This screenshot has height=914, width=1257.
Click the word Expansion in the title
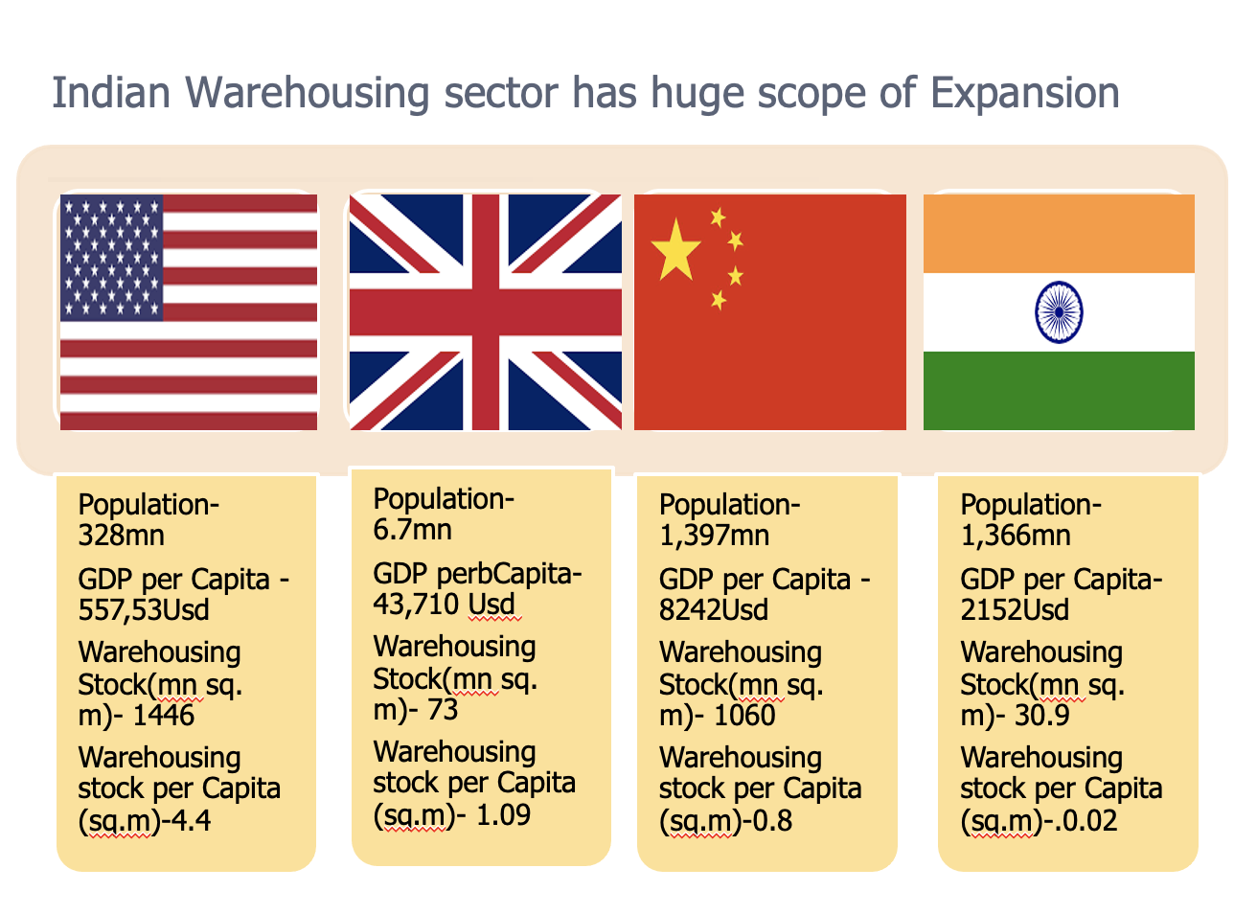(1024, 94)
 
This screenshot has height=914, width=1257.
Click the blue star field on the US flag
(111, 257)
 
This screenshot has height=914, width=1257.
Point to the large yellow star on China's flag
(675, 248)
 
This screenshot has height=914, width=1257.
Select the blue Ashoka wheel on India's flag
(1059, 312)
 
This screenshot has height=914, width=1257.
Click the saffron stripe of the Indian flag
(1059, 233)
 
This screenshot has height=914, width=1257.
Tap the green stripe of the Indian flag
(1059, 391)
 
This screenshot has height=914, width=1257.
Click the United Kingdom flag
(485, 312)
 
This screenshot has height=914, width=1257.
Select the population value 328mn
(121, 536)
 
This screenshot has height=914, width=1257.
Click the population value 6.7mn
(412, 530)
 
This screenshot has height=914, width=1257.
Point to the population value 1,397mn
(714, 536)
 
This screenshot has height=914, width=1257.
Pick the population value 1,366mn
(1016, 536)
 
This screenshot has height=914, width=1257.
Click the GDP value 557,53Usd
(144, 610)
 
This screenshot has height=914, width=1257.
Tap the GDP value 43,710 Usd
(445, 605)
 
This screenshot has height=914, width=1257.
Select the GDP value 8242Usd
(714, 610)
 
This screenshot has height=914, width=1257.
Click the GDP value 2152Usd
(1015, 610)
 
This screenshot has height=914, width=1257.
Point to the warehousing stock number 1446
(163, 716)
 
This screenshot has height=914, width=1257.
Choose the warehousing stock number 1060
(744, 716)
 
